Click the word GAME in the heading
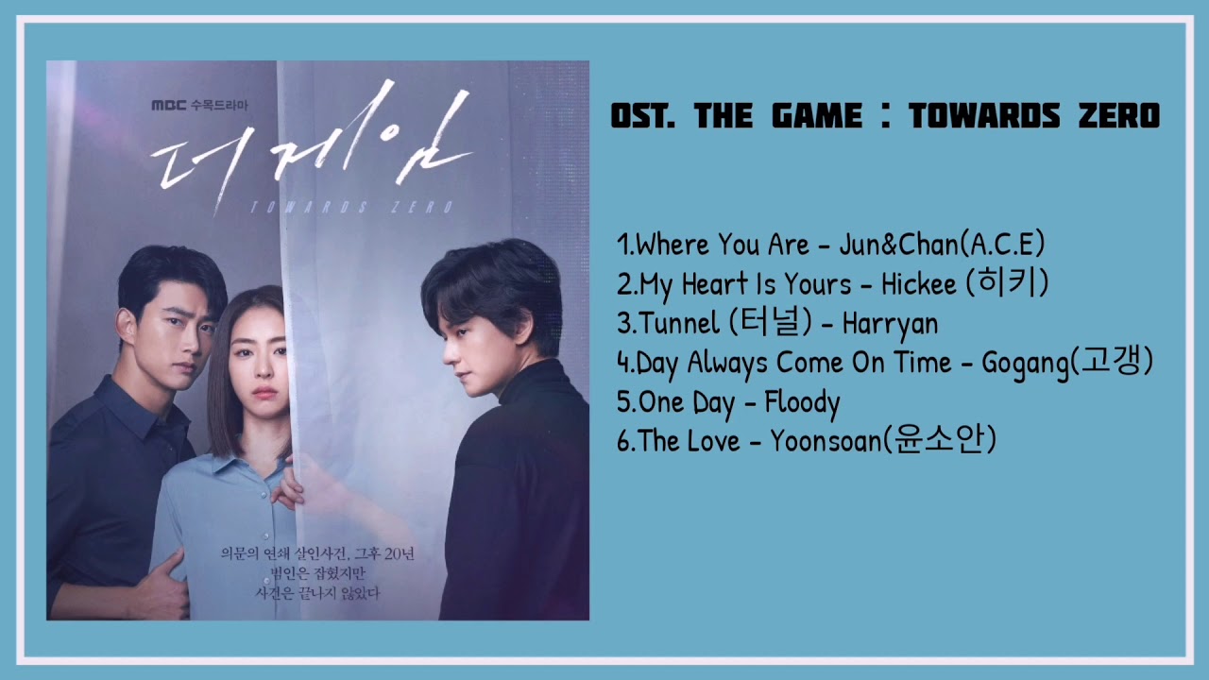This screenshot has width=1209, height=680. [x=816, y=117]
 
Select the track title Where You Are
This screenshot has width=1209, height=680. [x=723, y=246]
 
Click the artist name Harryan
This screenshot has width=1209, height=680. [x=890, y=324]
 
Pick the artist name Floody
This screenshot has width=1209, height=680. [x=802, y=402]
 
